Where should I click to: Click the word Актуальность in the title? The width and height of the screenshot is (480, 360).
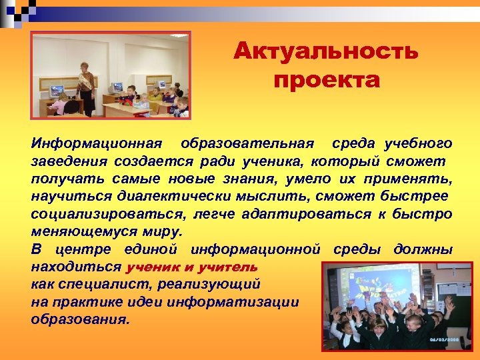(x=326, y=51)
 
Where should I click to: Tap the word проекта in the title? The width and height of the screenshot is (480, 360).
(x=326, y=81)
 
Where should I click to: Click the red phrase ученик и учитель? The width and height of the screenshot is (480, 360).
(x=191, y=267)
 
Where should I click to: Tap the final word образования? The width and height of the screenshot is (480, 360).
(x=80, y=320)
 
